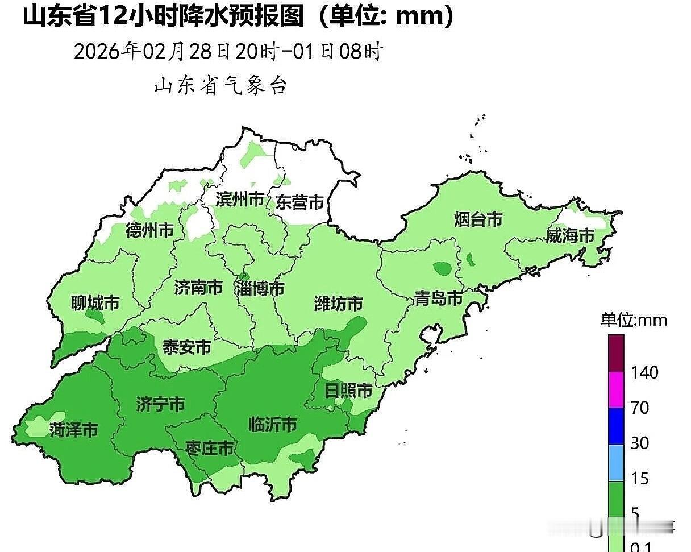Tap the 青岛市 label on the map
(438, 298)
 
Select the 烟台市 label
(478, 219)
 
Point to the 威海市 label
(570, 236)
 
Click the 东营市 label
(299, 202)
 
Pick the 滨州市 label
(240, 200)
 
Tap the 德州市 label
(149, 231)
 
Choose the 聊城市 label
(95, 304)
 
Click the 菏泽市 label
(73, 430)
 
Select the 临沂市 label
(273, 424)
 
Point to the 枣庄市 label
(210, 449)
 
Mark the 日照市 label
(348, 391)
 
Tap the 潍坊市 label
(339, 304)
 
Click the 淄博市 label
(260, 289)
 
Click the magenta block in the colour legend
(616, 390)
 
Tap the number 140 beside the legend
(644, 373)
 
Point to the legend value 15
(640, 479)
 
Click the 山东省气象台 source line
(220, 86)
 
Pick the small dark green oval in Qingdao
(441, 267)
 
